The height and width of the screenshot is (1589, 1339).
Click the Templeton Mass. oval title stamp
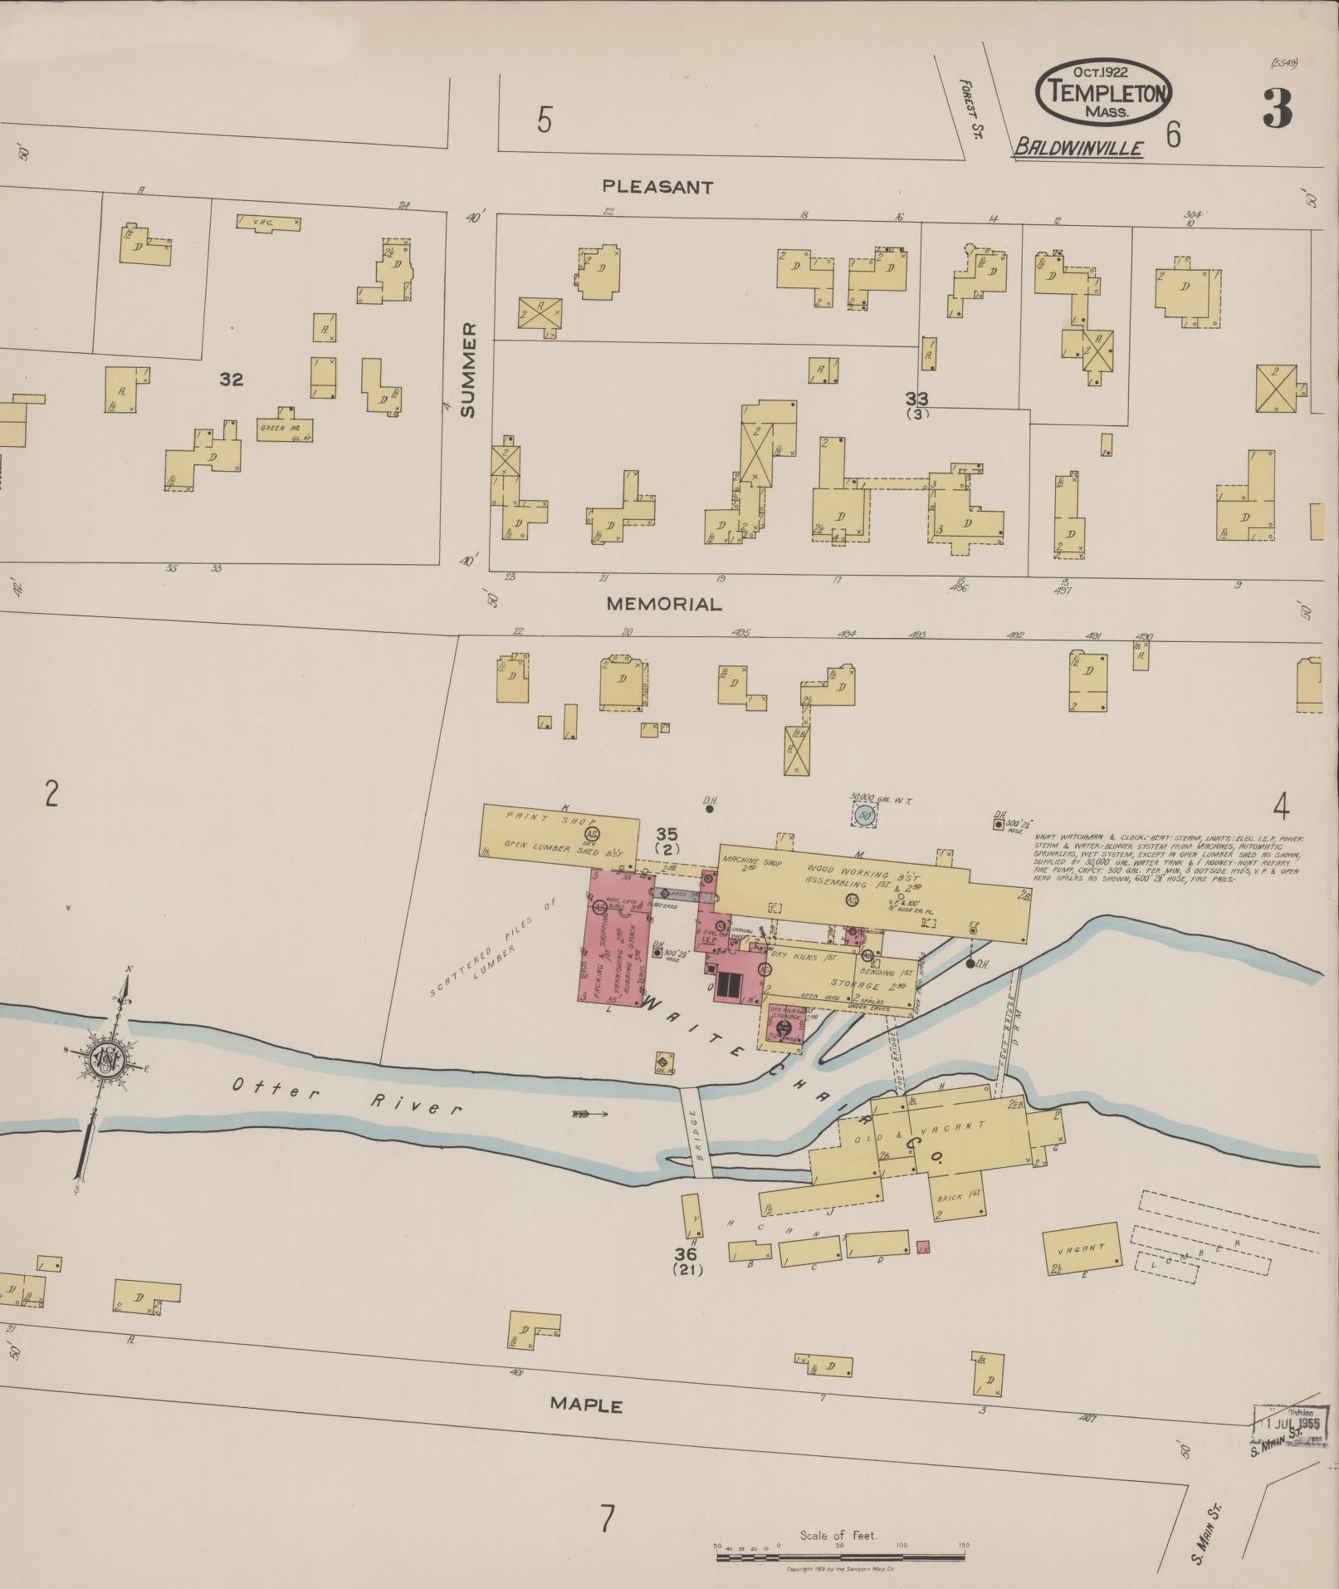click(1103, 91)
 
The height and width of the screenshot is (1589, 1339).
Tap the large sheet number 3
click(1277, 109)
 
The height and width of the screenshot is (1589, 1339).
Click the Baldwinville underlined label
click(1078, 148)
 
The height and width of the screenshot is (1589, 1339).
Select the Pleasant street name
click(657, 188)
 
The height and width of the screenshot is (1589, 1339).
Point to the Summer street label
click(469, 370)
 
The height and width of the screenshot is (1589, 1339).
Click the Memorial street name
click(664, 605)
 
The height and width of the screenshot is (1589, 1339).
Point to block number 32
click(231, 380)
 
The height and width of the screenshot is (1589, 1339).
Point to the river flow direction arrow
click(590, 1113)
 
